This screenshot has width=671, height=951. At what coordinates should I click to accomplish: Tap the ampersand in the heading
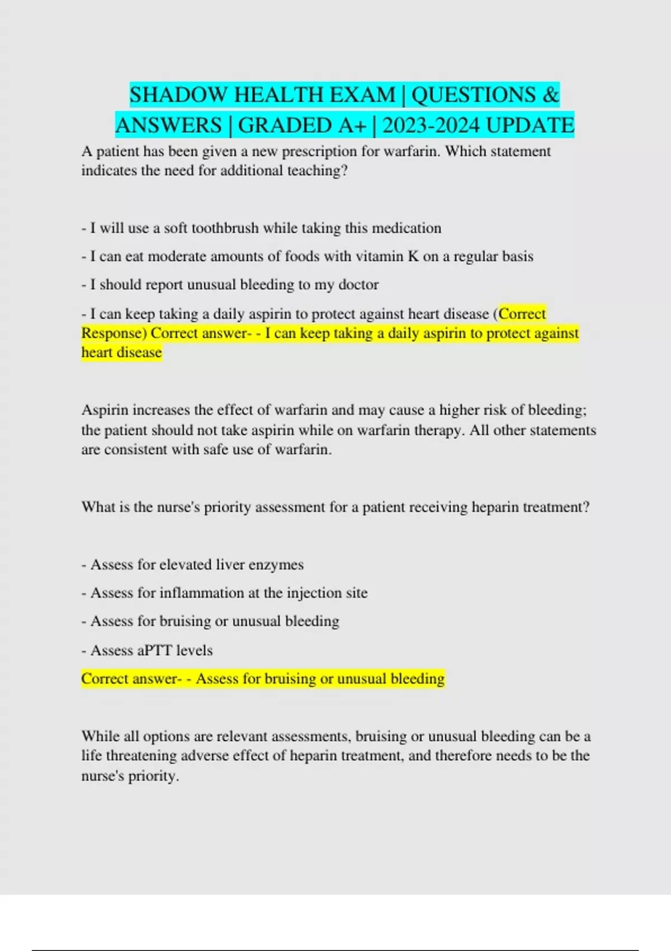pyautogui.click(x=550, y=95)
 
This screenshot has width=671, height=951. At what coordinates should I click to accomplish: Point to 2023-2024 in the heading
pyautogui.click(x=431, y=125)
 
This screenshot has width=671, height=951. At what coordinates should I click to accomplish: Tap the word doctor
pyautogui.click(x=358, y=285)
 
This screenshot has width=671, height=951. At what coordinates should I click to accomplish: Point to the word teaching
pyautogui.click(x=317, y=171)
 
